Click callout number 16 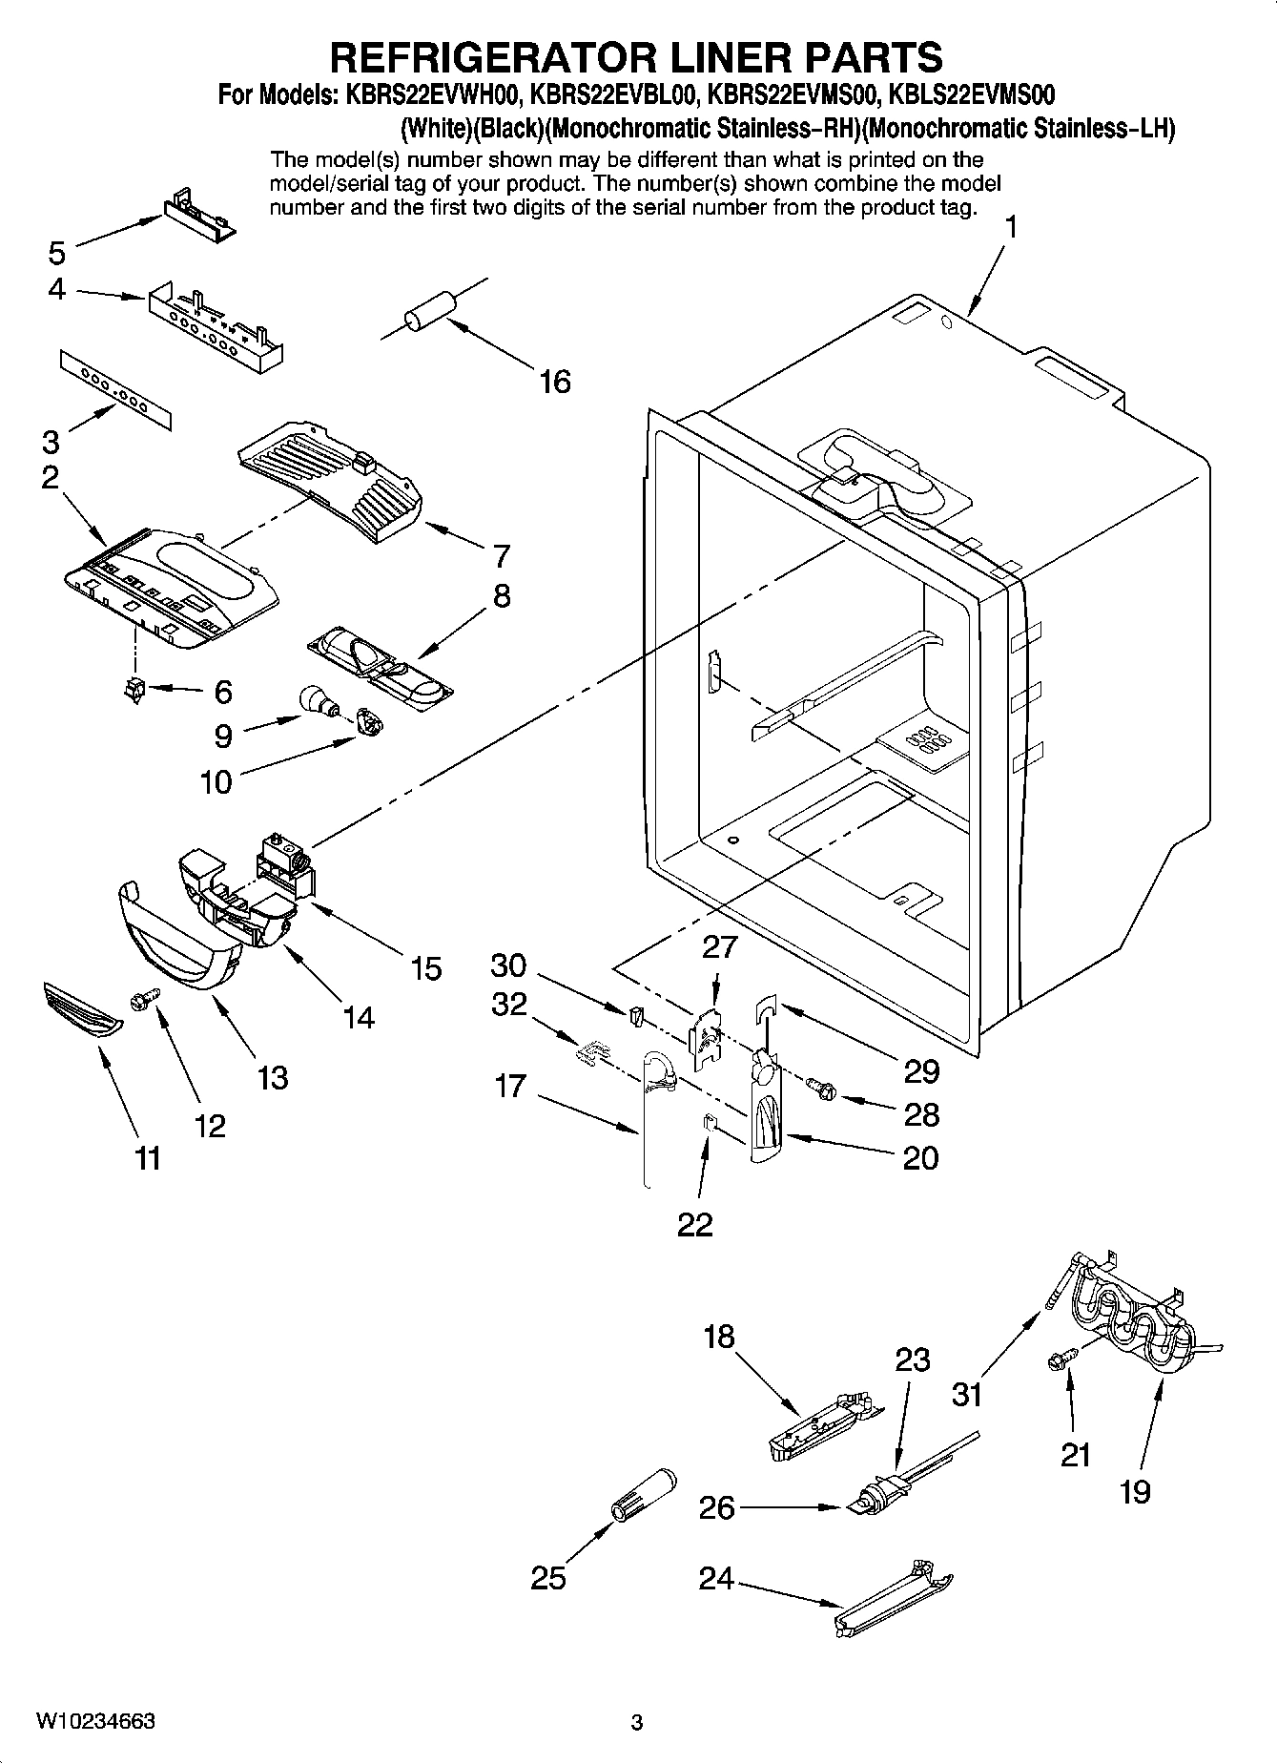(x=554, y=382)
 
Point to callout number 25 (x=548, y=1578)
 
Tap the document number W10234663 (x=95, y=1722)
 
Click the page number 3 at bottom (x=637, y=1723)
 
